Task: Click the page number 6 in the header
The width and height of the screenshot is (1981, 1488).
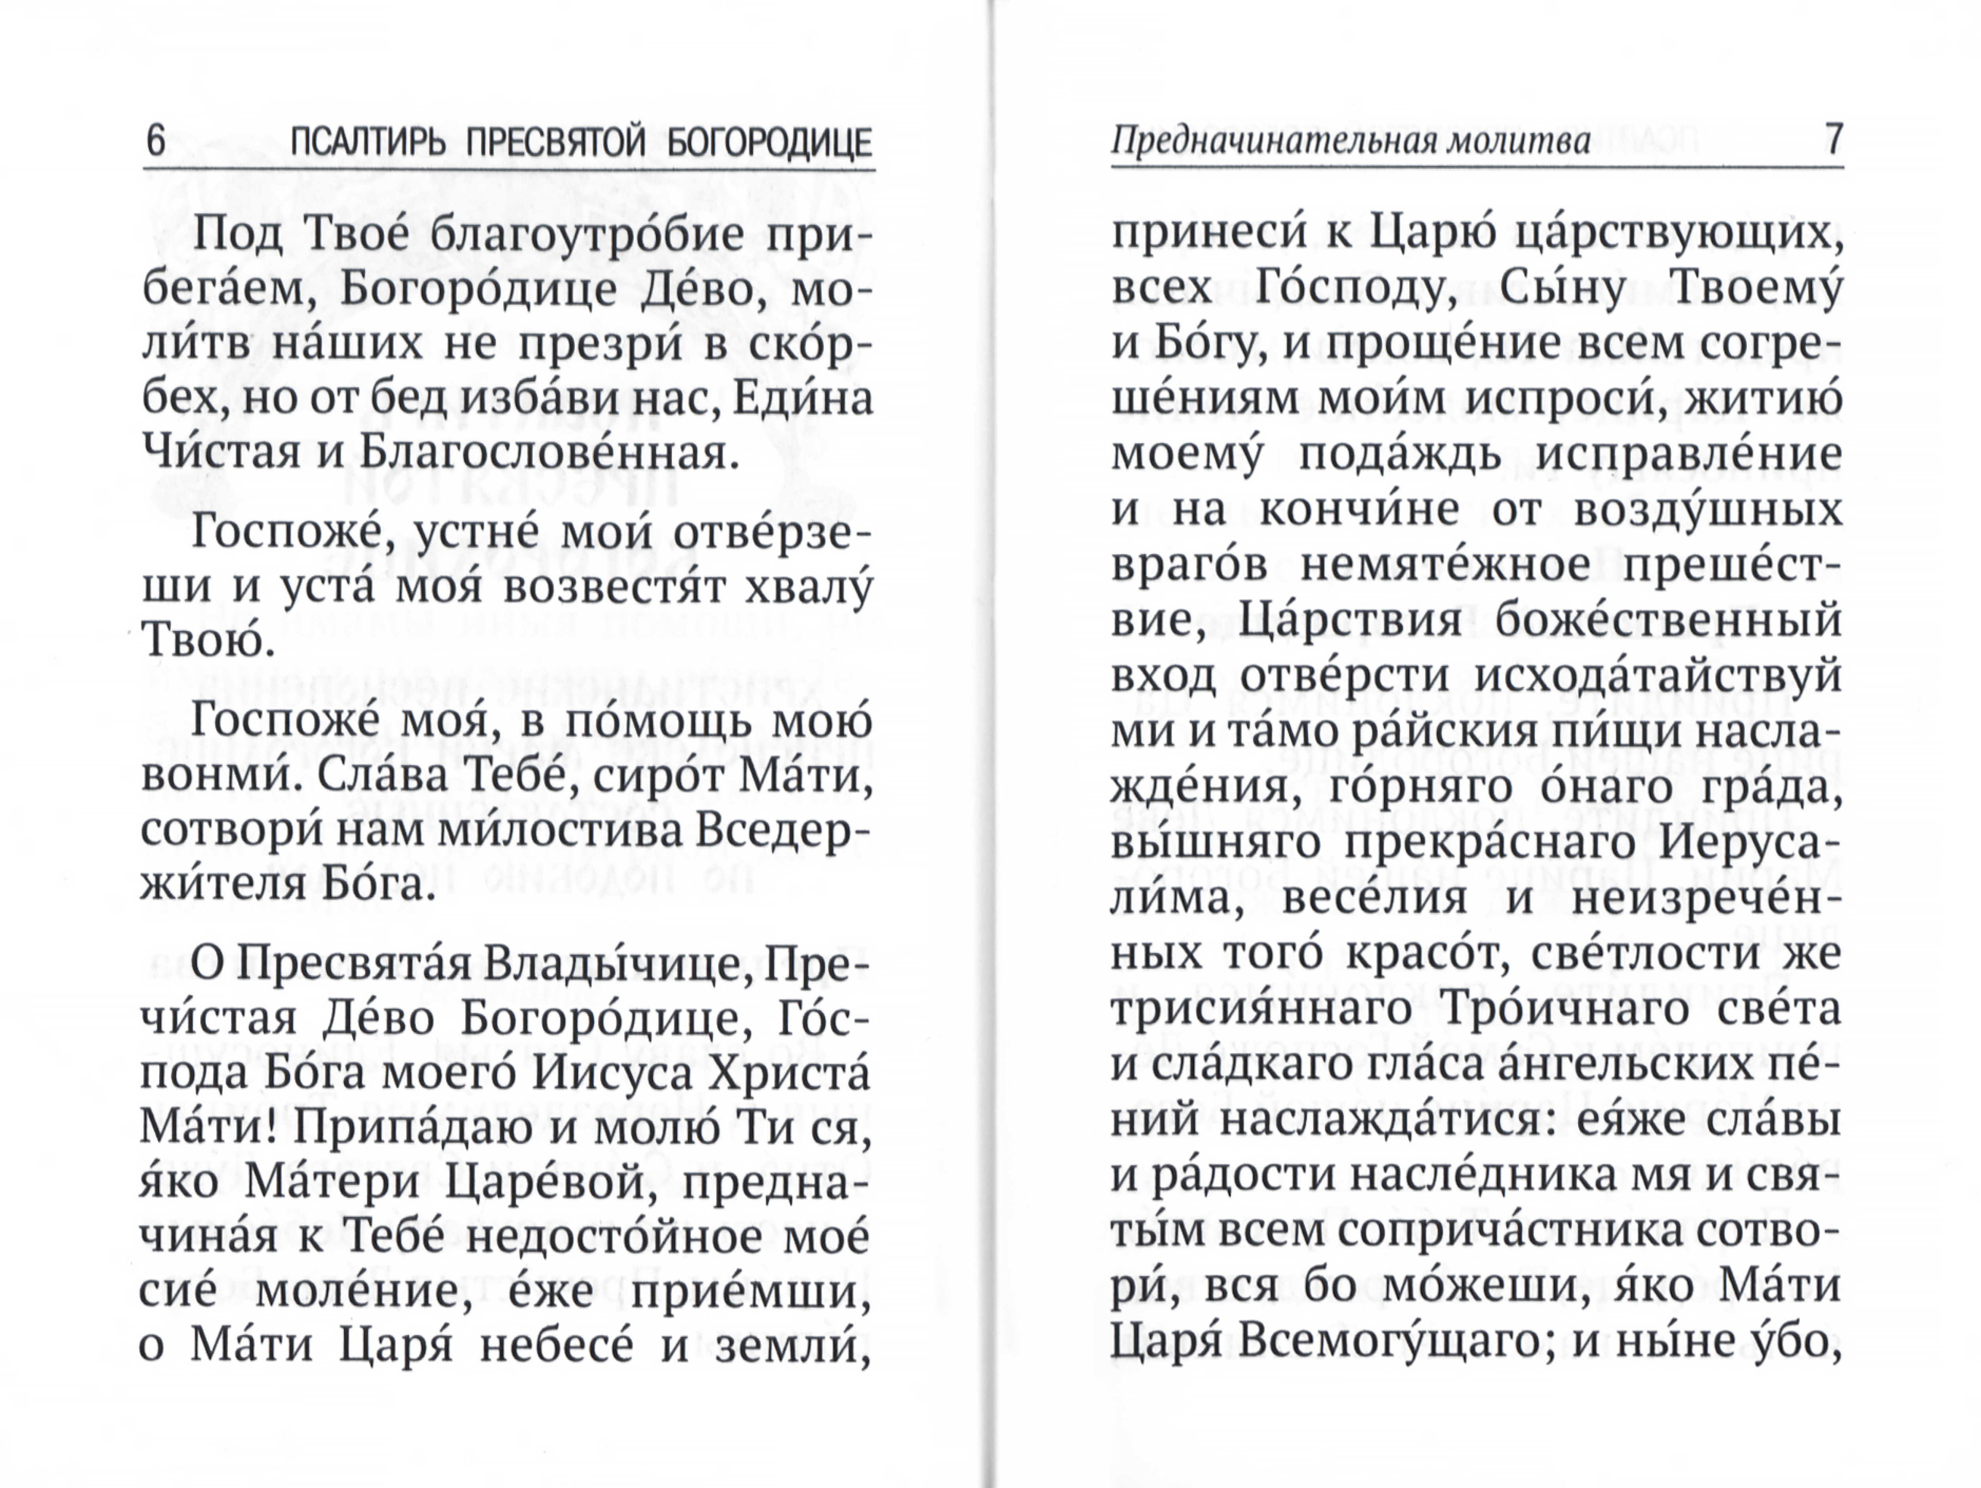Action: [x=156, y=142]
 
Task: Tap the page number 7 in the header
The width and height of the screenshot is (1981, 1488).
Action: [x=1832, y=142]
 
